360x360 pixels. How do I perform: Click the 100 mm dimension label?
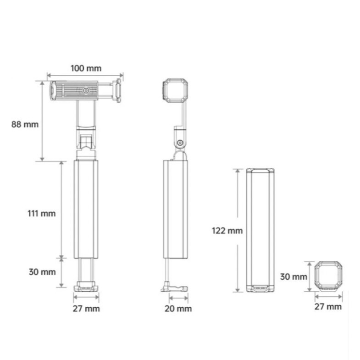(86, 68)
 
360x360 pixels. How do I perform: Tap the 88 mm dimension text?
(25, 124)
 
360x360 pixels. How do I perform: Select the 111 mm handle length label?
(42, 214)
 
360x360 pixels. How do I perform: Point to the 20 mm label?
(178, 309)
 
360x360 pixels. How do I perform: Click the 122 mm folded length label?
(227, 231)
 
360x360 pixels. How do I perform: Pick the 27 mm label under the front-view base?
(86, 309)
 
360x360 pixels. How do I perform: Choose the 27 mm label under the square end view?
(328, 307)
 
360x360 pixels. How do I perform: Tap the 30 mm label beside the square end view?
(294, 277)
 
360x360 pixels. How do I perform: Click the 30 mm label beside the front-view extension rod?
(42, 272)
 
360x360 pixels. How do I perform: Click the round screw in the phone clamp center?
(86, 91)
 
